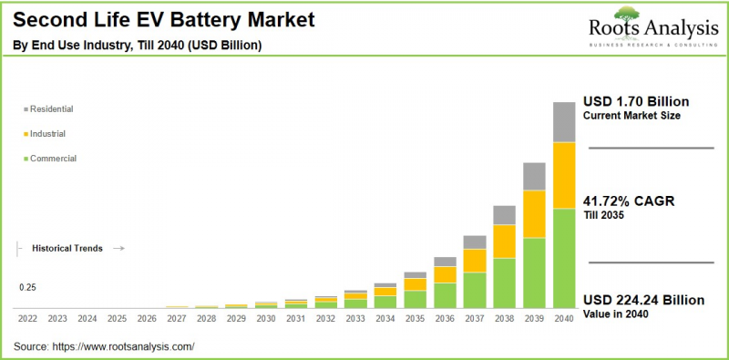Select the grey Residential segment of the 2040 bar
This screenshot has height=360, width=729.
click(x=564, y=122)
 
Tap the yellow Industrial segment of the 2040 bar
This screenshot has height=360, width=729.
click(x=564, y=175)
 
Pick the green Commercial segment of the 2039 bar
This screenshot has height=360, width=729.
click(x=534, y=273)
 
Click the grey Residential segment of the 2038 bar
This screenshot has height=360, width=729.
click(x=504, y=215)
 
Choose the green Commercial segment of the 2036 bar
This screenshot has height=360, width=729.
click(x=445, y=295)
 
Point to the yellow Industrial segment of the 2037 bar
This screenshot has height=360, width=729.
click(x=475, y=261)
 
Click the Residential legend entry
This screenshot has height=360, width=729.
click(x=51, y=109)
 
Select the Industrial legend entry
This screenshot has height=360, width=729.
click(x=47, y=134)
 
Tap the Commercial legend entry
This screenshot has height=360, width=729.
click(x=53, y=159)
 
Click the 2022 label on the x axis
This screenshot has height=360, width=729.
click(x=27, y=319)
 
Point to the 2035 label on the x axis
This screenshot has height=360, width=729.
click(x=416, y=319)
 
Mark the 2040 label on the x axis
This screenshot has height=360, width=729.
click(x=564, y=319)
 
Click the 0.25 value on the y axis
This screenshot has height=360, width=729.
click(x=27, y=288)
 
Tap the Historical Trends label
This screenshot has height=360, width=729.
click(x=67, y=248)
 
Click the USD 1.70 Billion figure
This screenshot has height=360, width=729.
click(x=636, y=101)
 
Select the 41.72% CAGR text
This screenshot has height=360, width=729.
click(x=628, y=201)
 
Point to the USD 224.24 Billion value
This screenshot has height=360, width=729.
click(x=643, y=300)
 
